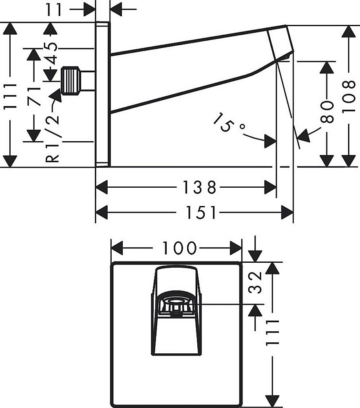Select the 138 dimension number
(199, 188)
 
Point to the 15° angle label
(229, 123)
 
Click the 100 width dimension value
(179, 247)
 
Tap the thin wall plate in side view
(102, 95)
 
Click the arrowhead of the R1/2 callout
(55, 95)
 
